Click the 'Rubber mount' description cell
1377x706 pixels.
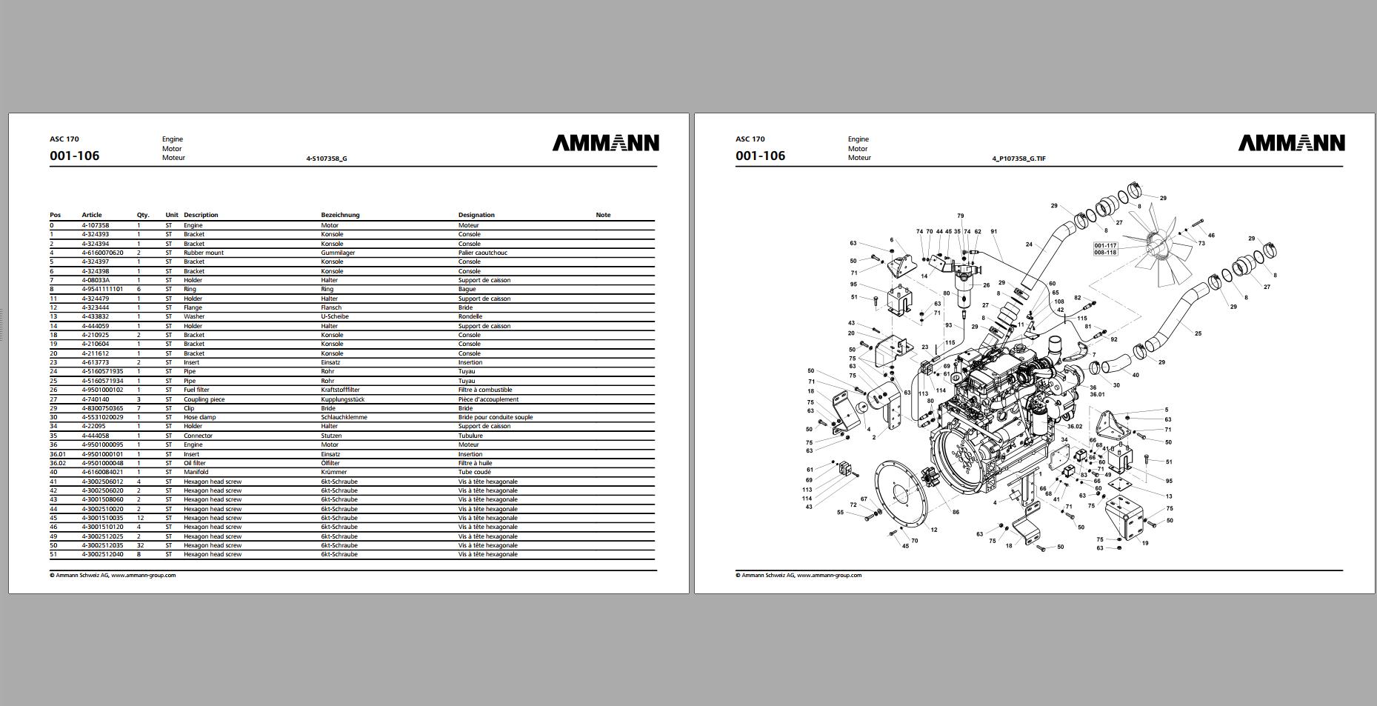coord(204,253)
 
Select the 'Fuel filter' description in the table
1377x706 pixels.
coord(196,390)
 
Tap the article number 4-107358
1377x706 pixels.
coord(96,225)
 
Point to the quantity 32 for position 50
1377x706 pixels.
coord(140,545)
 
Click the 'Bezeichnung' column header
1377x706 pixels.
coord(340,215)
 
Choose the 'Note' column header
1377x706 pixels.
coord(603,215)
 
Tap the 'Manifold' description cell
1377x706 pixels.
coord(196,472)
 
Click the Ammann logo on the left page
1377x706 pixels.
coord(605,143)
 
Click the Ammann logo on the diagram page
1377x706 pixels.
coord(1291,143)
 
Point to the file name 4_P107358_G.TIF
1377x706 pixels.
coord(1018,159)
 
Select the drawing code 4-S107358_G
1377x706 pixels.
coord(327,159)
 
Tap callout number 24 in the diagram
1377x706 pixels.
coord(1029,244)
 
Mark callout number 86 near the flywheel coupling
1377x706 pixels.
coord(956,512)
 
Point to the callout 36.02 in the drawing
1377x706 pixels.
coord(1074,427)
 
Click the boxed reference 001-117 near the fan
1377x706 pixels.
coord(1105,245)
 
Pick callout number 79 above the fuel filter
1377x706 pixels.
coord(960,216)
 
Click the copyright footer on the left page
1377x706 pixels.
coord(113,575)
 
